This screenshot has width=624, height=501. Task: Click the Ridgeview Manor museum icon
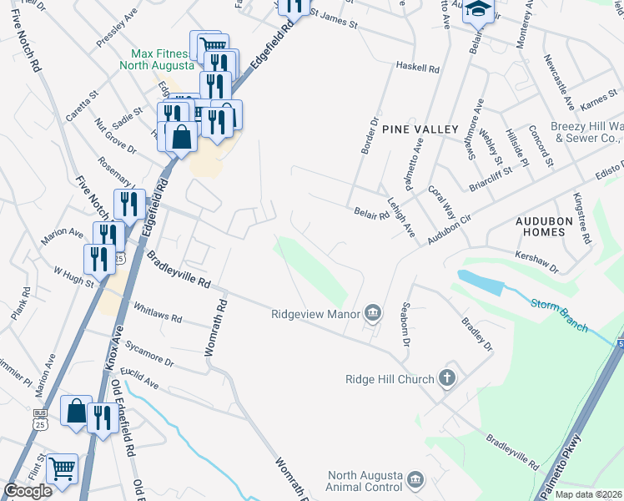[x=372, y=314]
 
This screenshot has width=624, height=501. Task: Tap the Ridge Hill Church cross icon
[x=447, y=379]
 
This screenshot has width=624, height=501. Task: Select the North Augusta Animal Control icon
[x=416, y=480]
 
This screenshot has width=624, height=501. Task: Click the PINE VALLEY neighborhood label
[x=420, y=129]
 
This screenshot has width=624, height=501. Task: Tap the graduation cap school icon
[x=477, y=10]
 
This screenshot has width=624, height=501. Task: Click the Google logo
[x=28, y=491]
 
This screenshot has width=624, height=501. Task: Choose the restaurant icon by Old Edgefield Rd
[x=102, y=417]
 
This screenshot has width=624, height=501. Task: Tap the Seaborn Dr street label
[x=406, y=325]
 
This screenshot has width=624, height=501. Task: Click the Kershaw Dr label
[x=536, y=261]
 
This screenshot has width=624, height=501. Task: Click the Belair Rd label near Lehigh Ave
[x=371, y=214]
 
